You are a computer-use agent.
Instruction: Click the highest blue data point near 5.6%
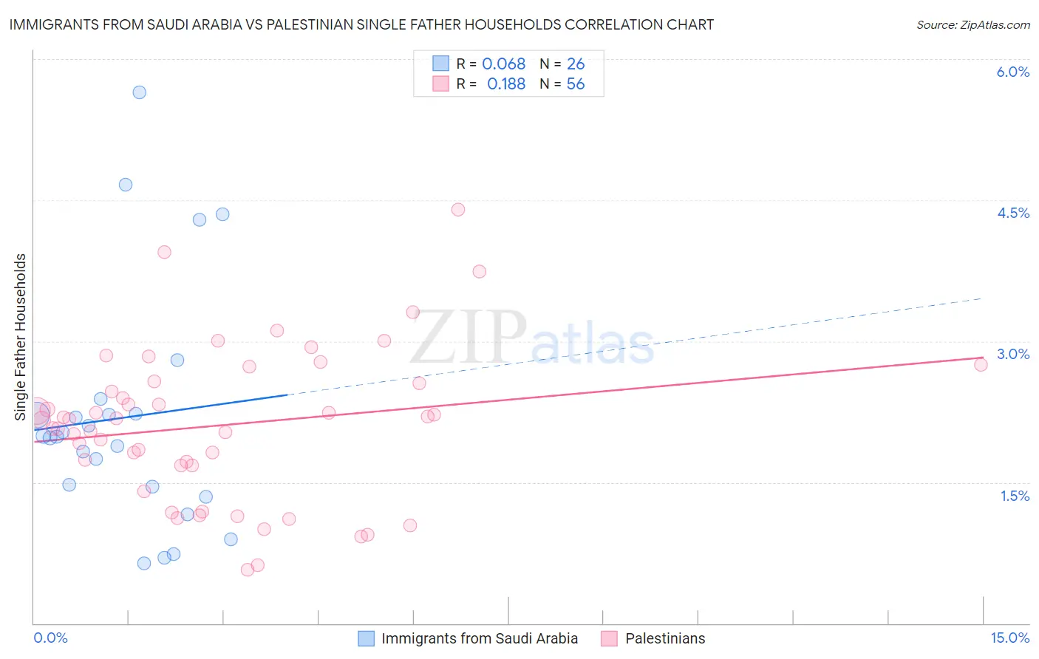click(139, 92)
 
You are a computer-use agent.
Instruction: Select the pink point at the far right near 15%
click(981, 364)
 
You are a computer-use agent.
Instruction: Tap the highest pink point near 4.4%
click(457, 210)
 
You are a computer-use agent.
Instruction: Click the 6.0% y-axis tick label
click(1012, 72)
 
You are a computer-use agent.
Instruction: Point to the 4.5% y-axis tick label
click(1012, 213)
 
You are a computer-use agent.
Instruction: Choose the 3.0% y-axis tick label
click(1012, 354)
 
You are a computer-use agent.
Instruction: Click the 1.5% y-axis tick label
click(1015, 496)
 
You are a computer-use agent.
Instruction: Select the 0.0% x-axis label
click(50, 638)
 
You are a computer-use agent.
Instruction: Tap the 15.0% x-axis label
click(1009, 638)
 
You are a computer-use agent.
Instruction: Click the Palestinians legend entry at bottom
click(664, 638)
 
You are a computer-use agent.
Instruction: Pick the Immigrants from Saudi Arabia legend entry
click(479, 638)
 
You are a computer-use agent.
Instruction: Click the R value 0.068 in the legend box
click(503, 64)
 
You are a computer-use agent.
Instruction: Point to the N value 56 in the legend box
click(575, 84)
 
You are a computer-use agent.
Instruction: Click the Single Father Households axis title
click(21, 337)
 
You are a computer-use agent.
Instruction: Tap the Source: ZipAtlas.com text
click(972, 25)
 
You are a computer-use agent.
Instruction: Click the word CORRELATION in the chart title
click(613, 24)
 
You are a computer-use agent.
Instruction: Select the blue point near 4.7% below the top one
click(126, 185)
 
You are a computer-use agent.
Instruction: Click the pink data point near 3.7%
click(479, 271)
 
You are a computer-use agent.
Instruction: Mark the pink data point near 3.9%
click(164, 252)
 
